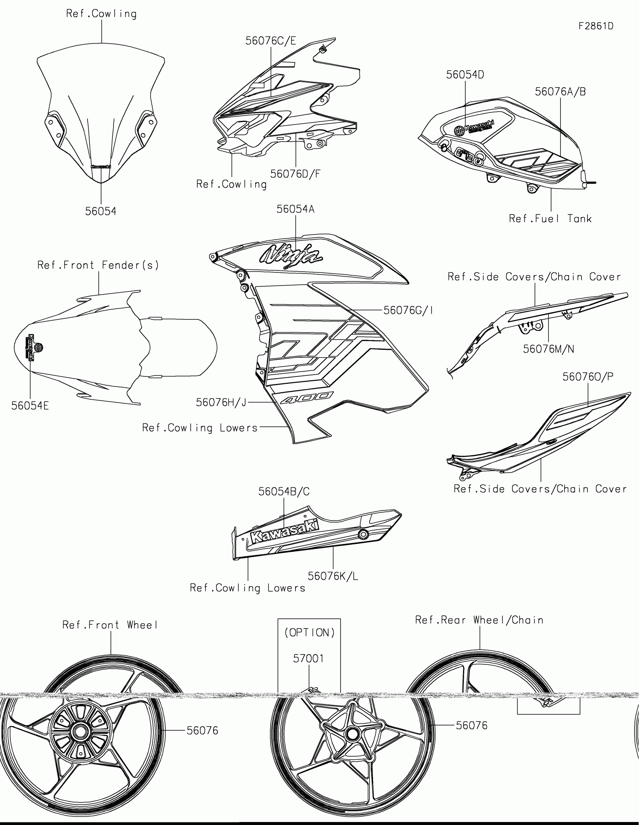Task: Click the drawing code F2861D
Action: (596, 26)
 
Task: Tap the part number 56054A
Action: (295, 209)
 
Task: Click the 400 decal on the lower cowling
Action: (307, 397)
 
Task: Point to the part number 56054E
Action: (30, 406)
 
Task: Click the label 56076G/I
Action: (408, 310)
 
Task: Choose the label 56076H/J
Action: (221, 403)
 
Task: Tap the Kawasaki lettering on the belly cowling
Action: (285, 531)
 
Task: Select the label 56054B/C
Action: (284, 491)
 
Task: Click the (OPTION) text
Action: (309, 633)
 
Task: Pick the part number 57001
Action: (308, 659)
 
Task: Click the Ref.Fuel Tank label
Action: (550, 219)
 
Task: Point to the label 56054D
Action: (465, 75)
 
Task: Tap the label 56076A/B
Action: (560, 92)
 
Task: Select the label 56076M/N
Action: (548, 349)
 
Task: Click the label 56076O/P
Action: (588, 376)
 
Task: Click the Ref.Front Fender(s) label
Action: (98, 265)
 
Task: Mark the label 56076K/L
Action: (333, 576)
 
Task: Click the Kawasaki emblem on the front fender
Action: (34, 348)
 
